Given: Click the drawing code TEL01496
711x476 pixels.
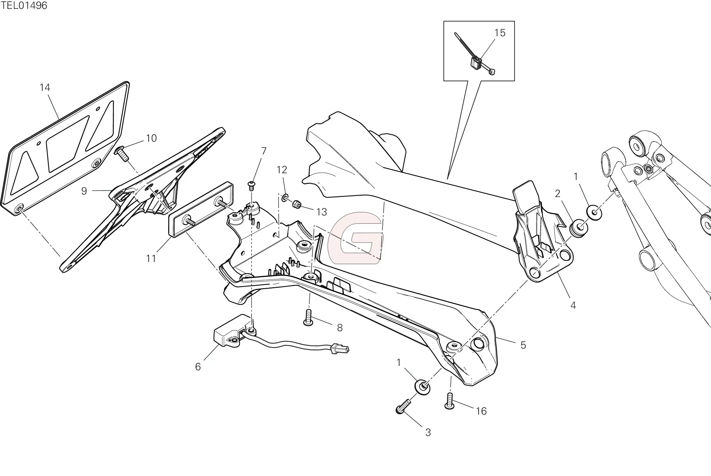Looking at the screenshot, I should click(24, 6).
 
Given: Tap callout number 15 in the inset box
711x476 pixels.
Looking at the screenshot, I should click(500, 33).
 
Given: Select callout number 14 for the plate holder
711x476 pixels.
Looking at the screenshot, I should click(45, 88).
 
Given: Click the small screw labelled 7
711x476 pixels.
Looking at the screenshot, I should click(252, 184).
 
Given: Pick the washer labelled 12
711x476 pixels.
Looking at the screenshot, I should click(285, 197).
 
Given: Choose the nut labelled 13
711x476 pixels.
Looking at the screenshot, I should click(297, 204).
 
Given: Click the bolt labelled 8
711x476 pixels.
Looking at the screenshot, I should click(308, 317).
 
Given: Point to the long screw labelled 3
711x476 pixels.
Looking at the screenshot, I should click(404, 406).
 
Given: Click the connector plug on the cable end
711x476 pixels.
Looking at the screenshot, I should click(340, 350).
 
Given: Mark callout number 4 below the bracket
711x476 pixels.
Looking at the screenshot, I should click(573, 306).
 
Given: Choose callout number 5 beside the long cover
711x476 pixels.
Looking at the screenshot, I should click(523, 345).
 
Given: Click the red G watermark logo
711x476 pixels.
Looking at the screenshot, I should click(355, 238).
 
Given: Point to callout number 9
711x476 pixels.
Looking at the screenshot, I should click(84, 191).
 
